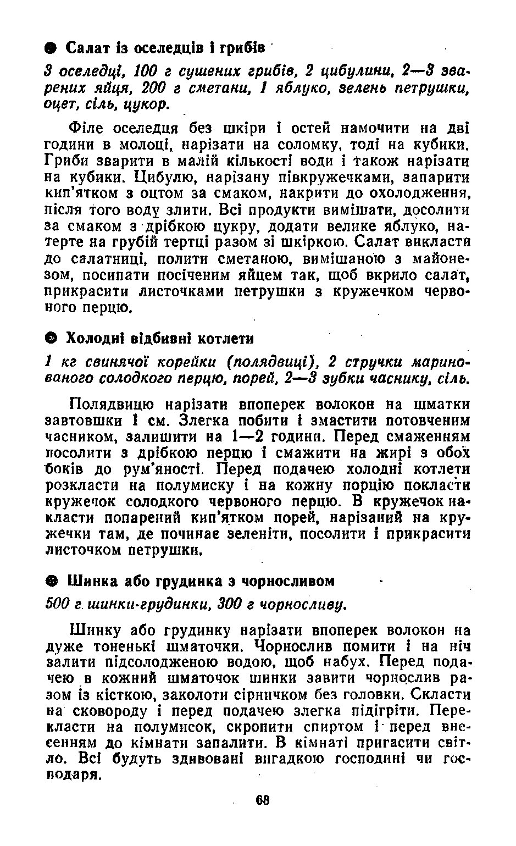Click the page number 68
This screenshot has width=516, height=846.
tap(262, 800)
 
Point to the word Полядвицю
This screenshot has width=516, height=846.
tap(109, 405)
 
